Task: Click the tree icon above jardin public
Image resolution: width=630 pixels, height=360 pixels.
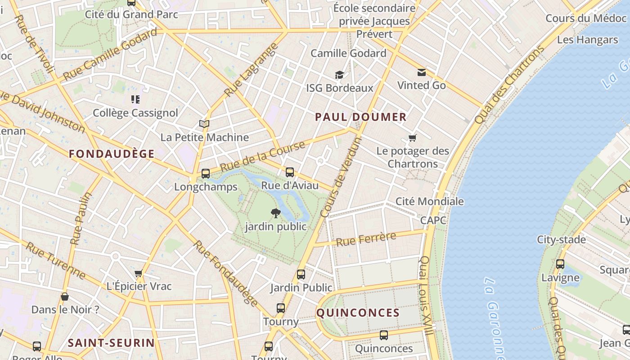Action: (276, 213)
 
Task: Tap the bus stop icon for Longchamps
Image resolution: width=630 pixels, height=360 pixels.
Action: (206, 174)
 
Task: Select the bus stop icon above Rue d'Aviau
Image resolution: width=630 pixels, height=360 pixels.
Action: (290, 172)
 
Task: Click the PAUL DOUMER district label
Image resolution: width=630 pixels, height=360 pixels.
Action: (360, 117)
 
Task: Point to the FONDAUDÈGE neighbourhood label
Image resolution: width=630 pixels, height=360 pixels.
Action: (112, 154)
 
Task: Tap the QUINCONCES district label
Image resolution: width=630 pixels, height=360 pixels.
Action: (358, 313)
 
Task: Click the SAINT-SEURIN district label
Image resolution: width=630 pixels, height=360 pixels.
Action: (111, 343)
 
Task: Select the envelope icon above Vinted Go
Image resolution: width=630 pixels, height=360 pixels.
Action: (422, 72)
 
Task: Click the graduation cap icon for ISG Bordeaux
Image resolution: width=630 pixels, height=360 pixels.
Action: (339, 75)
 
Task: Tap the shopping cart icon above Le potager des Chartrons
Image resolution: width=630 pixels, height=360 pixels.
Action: (413, 138)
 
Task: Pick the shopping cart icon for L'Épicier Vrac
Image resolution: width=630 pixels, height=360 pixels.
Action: (139, 273)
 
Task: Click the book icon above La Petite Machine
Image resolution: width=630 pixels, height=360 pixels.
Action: (204, 124)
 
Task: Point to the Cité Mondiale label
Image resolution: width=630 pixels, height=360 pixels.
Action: (429, 201)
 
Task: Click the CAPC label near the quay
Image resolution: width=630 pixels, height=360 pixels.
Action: (433, 220)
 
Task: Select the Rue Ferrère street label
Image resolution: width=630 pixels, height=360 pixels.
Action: (366, 238)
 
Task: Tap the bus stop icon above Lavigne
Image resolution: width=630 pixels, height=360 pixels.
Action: (560, 264)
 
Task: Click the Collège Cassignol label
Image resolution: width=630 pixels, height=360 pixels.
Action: (135, 113)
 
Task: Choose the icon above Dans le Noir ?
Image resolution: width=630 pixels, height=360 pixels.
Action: (65, 297)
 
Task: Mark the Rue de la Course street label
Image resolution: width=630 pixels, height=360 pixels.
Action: (263, 156)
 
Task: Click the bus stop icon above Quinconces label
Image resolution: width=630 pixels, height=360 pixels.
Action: (384, 335)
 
